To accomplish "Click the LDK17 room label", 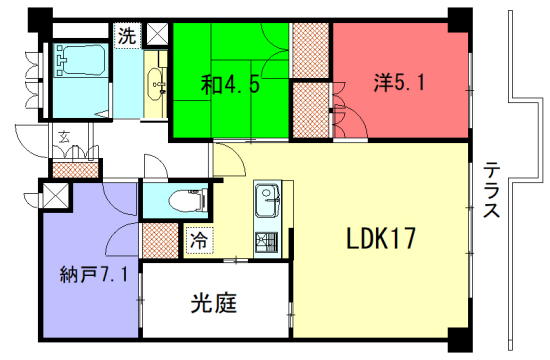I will [381, 239].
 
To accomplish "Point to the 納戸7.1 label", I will [92, 273].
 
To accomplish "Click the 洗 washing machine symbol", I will [127, 36].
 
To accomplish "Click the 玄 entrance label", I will [62, 138].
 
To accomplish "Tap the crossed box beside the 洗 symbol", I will [156, 35].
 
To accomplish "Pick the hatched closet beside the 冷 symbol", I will [159, 241].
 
